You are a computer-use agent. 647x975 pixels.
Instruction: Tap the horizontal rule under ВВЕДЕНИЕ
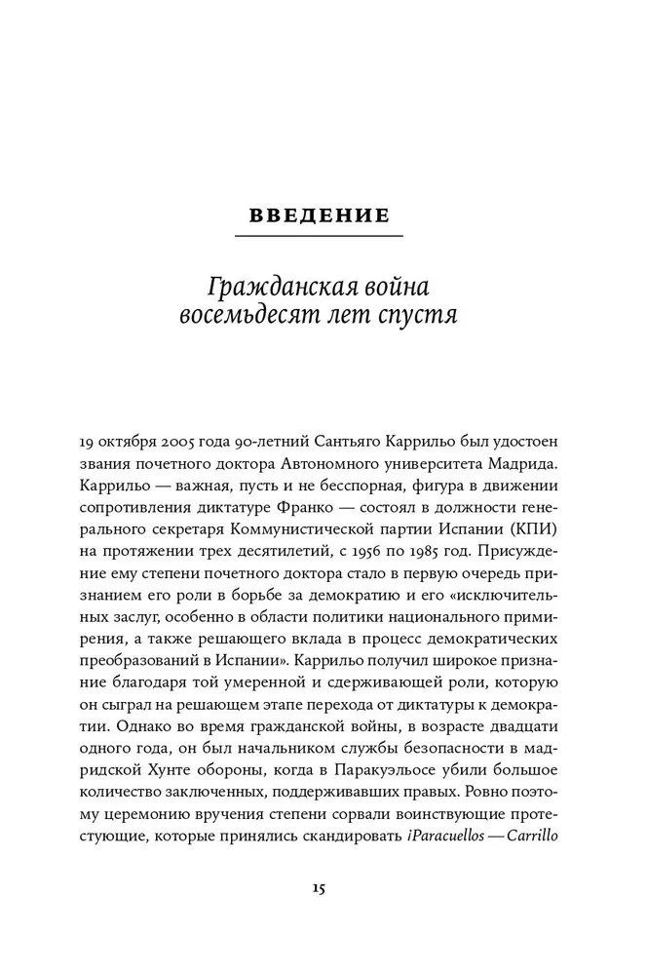320,236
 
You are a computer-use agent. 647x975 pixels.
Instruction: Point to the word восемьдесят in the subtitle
246,319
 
